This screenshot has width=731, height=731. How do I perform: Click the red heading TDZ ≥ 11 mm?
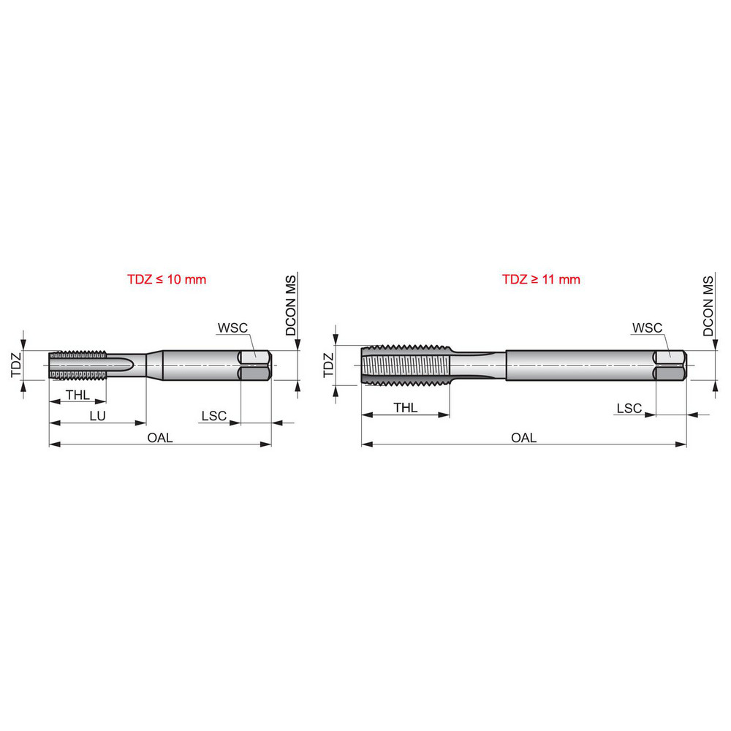pyautogui.click(x=540, y=279)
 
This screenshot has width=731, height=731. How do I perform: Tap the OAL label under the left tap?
pyautogui.click(x=160, y=437)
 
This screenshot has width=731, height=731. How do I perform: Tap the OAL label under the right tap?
pyautogui.click(x=523, y=437)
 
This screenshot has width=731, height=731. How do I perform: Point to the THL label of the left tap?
pyautogui.click(x=77, y=395)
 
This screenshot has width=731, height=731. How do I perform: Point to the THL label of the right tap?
pyautogui.click(x=405, y=407)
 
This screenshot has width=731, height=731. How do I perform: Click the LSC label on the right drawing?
pyautogui.click(x=629, y=408)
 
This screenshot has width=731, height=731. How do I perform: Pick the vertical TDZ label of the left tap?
pyautogui.click(x=16, y=364)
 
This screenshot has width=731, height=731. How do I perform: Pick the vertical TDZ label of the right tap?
pyautogui.click(x=328, y=364)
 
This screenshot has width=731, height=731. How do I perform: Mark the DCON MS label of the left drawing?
pyautogui.click(x=291, y=306)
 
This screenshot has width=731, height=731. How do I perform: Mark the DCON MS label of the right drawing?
pyautogui.click(x=708, y=306)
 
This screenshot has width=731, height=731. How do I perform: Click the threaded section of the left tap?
pyautogui.click(x=78, y=365)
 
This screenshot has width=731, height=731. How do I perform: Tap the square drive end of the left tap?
pyautogui.click(x=256, y=365)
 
